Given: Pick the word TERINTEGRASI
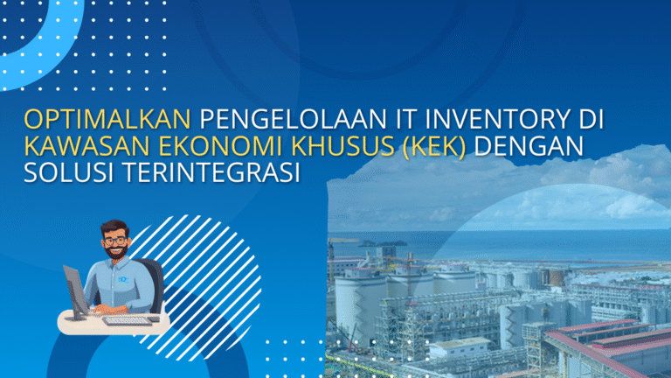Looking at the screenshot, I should (x=211, y=173).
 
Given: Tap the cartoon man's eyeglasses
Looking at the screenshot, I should (x=114, y=237).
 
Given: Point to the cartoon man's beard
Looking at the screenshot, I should (x=114, y=251).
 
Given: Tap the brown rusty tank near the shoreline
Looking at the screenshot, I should (x=554, y=276).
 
